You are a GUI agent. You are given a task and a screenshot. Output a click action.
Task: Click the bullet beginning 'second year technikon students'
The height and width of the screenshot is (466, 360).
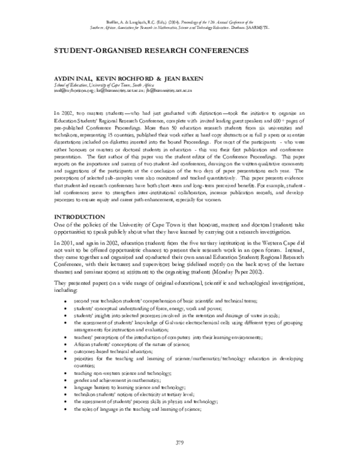174,300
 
